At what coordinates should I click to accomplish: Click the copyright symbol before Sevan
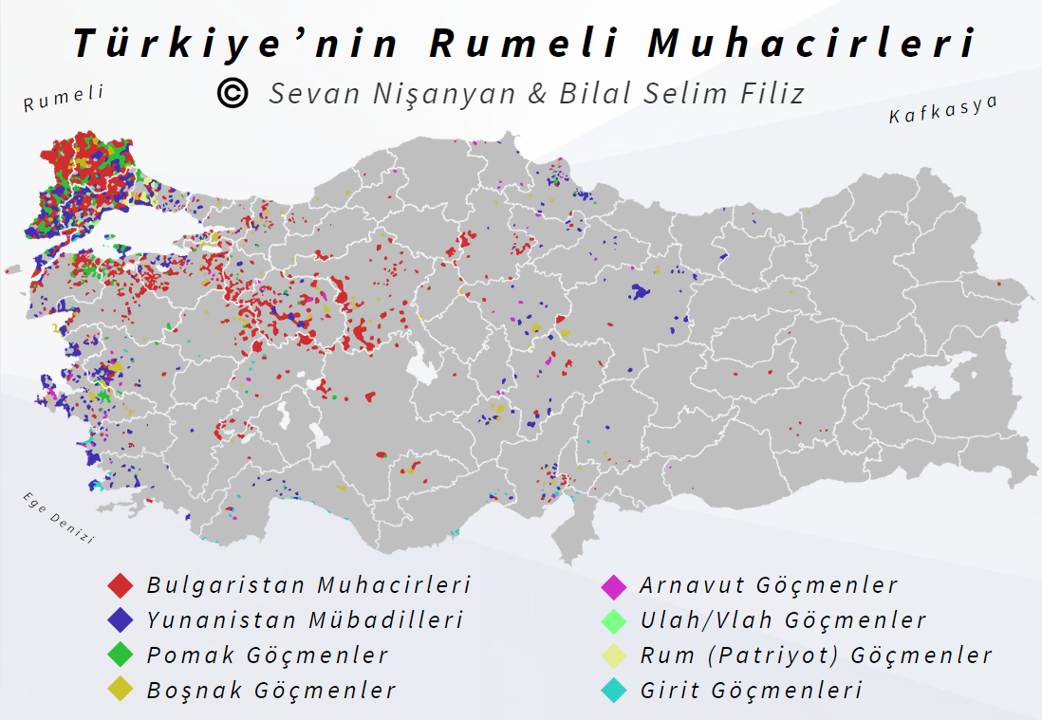(233, 92)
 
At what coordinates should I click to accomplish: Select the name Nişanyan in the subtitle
(450, 94)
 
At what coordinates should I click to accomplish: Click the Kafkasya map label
(943, 109)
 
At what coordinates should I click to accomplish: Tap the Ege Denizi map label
(59, 517)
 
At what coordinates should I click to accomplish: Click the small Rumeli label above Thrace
(63, 99)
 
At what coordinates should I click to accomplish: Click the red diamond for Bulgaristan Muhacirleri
(121, 585)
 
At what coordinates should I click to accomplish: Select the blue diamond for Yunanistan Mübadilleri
(121, 620)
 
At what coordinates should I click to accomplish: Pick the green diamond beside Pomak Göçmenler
(121, 655)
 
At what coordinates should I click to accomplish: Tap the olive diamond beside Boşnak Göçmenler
(121, 691)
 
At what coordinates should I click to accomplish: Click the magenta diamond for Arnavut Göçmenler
(614, 585)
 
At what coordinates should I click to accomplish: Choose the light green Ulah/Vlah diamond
(614, 620)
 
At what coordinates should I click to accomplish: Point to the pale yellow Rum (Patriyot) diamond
(614, 655)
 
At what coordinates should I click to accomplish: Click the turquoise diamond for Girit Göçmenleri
(614, 691)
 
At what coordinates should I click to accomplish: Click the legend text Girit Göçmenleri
(751, 691)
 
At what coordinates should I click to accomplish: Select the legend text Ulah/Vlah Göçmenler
(783, 620)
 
